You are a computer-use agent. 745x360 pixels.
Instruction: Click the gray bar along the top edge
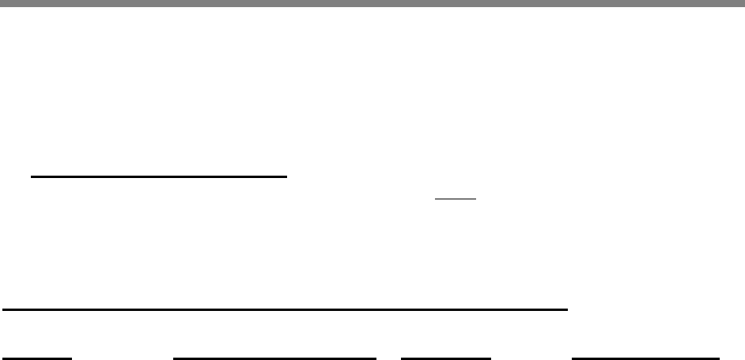pyautogui.click(x=372, y=3)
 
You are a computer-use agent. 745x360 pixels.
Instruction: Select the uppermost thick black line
pyautogui.click(x=158, y=177)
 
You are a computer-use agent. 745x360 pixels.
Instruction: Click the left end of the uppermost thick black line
pyautogui.click(x=31, y=177)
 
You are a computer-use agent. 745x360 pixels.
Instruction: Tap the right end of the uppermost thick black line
pyautogui.click(x=286, y=177)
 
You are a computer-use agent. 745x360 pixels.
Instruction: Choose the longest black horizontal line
pyautogui.click(x=285, y=309)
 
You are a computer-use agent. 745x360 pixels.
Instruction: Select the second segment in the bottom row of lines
pyautogui.click(x=274, y=358)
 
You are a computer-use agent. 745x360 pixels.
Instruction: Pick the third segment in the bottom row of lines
pyautogui.click(x=446, y=358)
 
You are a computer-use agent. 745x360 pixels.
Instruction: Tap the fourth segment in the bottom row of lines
pyautogui.click(x=645, y=358)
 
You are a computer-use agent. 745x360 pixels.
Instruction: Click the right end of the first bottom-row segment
pyautogui.click(x=72, y=358)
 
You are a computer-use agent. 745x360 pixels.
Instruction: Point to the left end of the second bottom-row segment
pyautogui.click(x=174, y=358)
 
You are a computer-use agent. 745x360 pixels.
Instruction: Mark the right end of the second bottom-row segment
pyautogui.click(x=376, y=358)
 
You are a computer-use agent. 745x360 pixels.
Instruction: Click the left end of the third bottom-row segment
pyautogui.click(x=402, y=358)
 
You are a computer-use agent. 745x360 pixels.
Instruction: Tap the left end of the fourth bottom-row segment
pyautogui.click(x=572, y=358)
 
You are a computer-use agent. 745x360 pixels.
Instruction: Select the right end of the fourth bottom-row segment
pyautogui.click(x=720, y=358)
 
